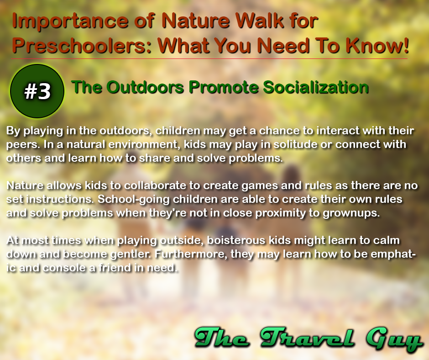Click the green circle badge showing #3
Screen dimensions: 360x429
click(37, 91)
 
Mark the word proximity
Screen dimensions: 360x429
click(289, 214)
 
